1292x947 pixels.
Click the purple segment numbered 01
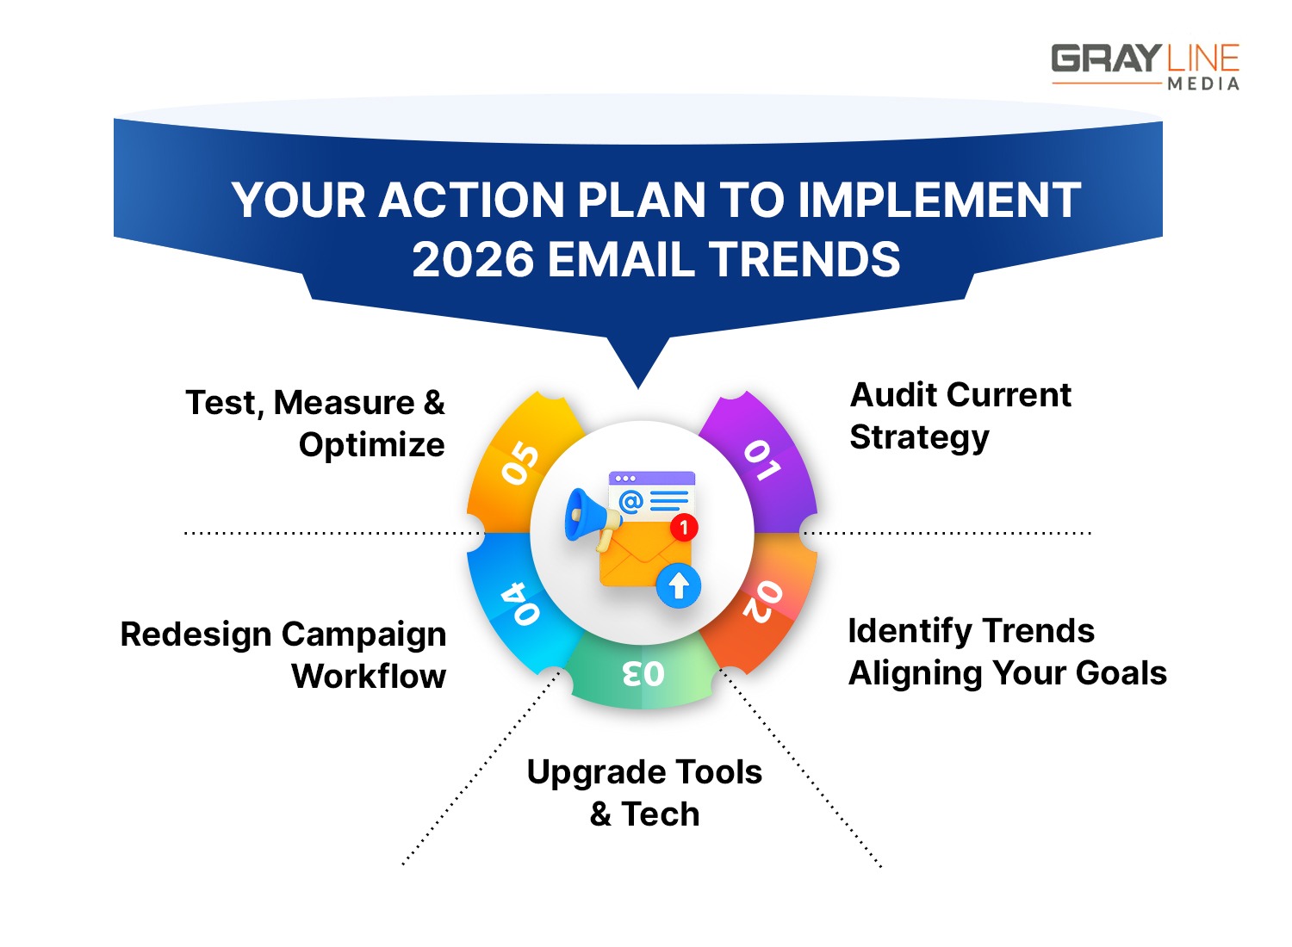762,461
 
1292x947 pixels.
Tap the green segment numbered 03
643,673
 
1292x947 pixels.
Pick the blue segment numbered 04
519,603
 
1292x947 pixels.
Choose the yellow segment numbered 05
520,463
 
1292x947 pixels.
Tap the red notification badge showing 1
684,527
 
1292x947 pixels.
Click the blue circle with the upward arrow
679,586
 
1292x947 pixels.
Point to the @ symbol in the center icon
630,500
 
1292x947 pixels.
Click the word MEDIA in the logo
1203,84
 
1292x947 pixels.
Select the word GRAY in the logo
1106,59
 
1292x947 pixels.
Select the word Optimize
371,445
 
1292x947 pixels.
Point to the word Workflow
369,677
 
